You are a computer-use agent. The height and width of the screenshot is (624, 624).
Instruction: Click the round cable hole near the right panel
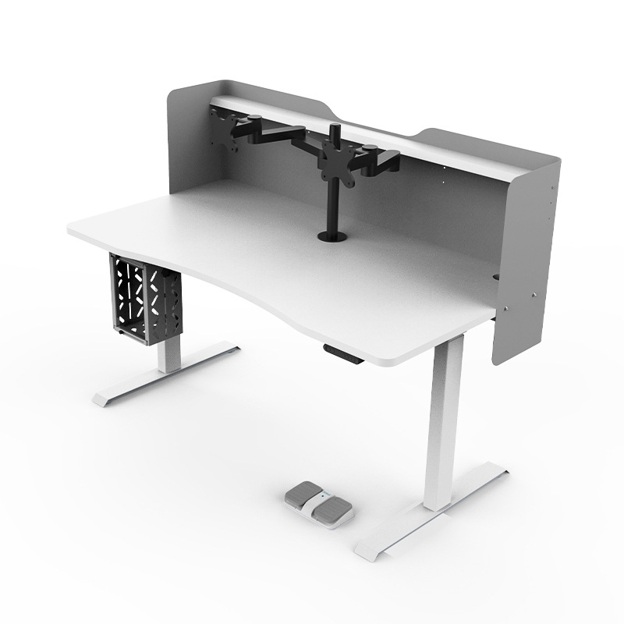[497, 276]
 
